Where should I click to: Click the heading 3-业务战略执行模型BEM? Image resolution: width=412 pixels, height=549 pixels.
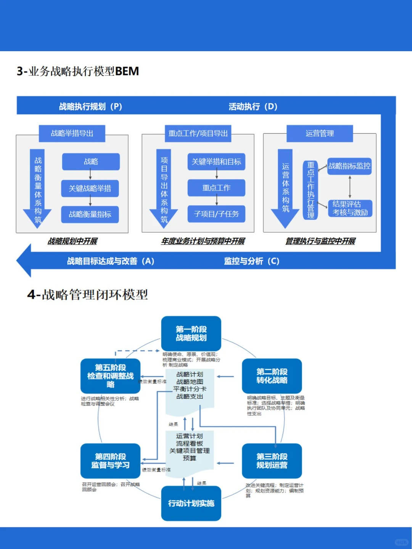click(78, 71)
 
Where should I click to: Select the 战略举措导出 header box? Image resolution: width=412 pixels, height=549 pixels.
click(72, 134)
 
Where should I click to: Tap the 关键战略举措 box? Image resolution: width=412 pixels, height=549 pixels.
click(90, 188)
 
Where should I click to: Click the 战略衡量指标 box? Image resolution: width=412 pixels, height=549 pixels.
click(90, 214)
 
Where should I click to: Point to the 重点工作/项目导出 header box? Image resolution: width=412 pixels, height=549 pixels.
click(198, 134)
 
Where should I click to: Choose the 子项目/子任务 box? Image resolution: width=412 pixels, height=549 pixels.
click(216, 214)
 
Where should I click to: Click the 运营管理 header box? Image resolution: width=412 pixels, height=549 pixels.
click(320, 134)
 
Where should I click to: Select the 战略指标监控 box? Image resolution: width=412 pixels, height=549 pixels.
click(349, 166)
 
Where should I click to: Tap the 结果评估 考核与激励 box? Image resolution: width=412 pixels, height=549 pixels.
click(350, 208)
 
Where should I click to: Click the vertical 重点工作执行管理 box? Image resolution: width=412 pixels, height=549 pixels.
click(311, 190)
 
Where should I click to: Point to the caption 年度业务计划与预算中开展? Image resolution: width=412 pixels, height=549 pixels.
click(203, 241)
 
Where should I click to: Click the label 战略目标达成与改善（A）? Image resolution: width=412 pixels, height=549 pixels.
click(111, 261)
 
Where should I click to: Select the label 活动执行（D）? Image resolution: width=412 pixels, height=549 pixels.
click(253, 106)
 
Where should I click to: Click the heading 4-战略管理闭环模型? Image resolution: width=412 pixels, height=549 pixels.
click(87, 295)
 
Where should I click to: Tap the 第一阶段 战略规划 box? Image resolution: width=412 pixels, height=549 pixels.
click(191, 333)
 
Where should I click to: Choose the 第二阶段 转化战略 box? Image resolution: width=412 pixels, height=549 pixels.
click(272, 376)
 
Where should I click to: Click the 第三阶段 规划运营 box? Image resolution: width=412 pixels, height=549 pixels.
click(272, 461)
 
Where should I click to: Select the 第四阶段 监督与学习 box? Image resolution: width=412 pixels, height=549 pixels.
click(110, 461)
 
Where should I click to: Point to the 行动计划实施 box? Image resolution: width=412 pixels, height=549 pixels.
click(191, 503)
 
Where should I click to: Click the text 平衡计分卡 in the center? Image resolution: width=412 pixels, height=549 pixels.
click(190, 389)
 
